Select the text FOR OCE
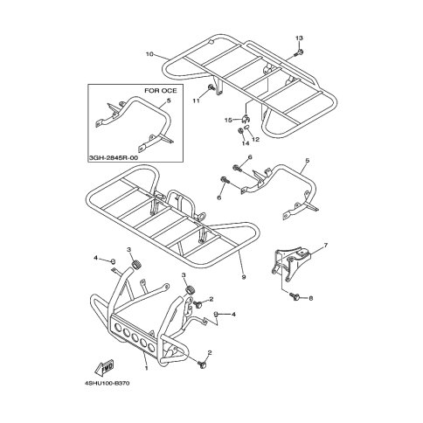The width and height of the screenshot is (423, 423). pos(161,91)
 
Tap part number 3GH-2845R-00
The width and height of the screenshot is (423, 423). pos(113,157)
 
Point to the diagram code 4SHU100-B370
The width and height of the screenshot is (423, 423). pos(107,383)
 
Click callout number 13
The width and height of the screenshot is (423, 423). pos(299,38)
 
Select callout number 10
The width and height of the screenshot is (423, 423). pos(149,54)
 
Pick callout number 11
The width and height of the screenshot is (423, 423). pos(196,101)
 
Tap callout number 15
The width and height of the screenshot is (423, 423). pos(228,120)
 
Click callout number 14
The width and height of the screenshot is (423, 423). pos(246,143)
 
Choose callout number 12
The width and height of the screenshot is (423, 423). pos(255,140)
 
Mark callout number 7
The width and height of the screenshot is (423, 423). pos(325,246)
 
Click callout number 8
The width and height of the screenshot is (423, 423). pos(310,298)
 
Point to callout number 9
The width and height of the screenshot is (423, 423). pos(244,277)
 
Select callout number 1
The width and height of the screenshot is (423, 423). pos(146,368)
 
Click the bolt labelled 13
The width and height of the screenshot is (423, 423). pos(299,52)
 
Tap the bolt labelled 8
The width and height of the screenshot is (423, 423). pos(295,296)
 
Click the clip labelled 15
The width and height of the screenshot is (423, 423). pos(246,118)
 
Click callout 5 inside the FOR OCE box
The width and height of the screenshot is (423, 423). pos(169,101)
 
